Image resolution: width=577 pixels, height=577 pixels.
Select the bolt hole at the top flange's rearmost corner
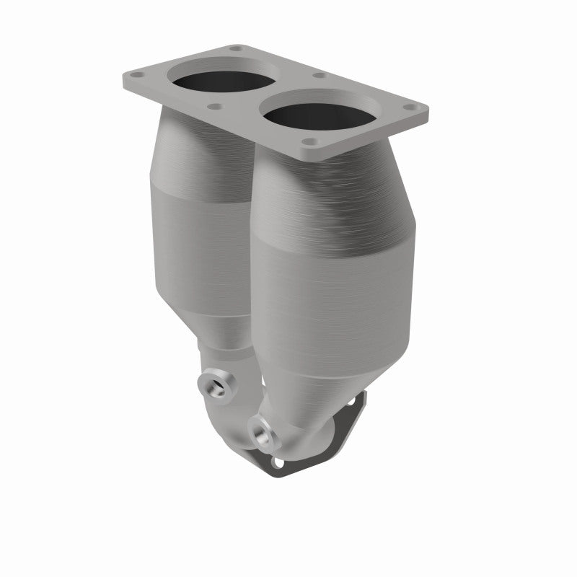coord(235,49)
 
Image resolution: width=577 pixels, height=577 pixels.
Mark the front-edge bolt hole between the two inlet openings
coord(214,107)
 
